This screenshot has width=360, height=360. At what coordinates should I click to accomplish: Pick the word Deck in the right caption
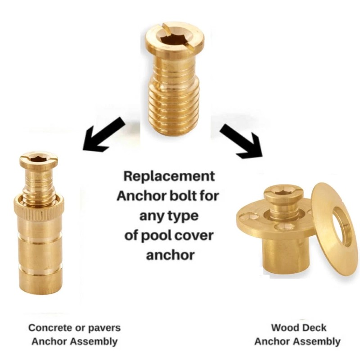tap(315, 328)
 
